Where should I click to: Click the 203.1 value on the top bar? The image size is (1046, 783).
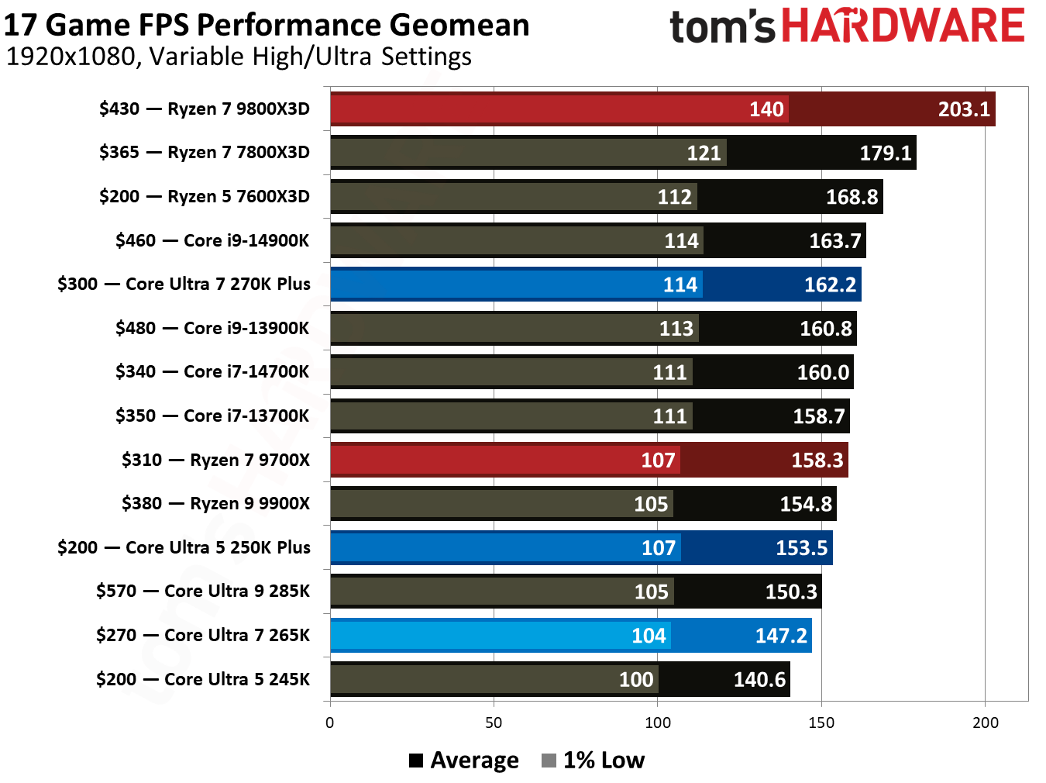(x=964, y=109)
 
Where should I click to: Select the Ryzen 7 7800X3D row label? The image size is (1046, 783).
(x=205, y=153)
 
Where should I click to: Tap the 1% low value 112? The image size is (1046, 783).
(x=674, y=197)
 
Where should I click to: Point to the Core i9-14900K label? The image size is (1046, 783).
(x=212, y=240)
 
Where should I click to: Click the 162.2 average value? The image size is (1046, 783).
(x=830, y=285)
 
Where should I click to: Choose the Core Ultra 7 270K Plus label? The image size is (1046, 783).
(x=184, y=285)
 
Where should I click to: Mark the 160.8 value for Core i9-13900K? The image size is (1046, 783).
(x=825, y=329)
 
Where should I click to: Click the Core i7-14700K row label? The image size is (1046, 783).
(x=212, y=372)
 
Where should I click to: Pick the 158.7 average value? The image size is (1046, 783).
(x=818, y=416)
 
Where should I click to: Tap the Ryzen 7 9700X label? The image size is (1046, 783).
(x=215, y=460)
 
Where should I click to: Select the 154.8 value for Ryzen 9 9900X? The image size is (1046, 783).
(x=805, y=504)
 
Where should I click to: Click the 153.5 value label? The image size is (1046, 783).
(x=801, y=548)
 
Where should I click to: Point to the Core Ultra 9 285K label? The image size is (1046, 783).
(x=203, y=592)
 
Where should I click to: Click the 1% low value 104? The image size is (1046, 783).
(x=649, y=636)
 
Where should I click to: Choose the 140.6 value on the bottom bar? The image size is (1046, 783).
(x=759, y=680)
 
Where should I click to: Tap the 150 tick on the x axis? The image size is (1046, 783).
(x=821, y=723)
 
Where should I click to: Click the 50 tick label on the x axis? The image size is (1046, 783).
(x=494, y=723)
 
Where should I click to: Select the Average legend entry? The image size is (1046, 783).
(x=464, y=761)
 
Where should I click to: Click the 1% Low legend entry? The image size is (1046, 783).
(x=594, y=761)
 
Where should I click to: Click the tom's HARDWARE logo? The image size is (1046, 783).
(x=847, y=26)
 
